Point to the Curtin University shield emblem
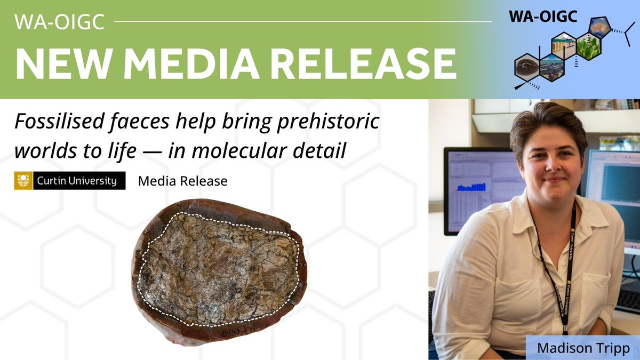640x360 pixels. tap(23, 181)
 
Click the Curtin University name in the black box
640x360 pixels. tap(77, 181)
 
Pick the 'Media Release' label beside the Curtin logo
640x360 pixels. tap(182, 181)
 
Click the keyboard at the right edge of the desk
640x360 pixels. tap(629, 302)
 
